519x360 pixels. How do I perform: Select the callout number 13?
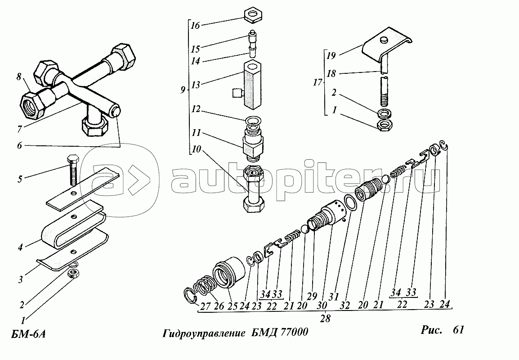click(195, 85)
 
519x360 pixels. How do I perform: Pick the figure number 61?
click(455, 330)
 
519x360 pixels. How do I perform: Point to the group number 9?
click(182, 90)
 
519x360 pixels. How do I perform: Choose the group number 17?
click(318, 82)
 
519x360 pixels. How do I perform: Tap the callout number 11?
click(195, 134)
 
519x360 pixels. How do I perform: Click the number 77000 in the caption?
click(292, 333)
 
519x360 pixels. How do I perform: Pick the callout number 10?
click(195, 150)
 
